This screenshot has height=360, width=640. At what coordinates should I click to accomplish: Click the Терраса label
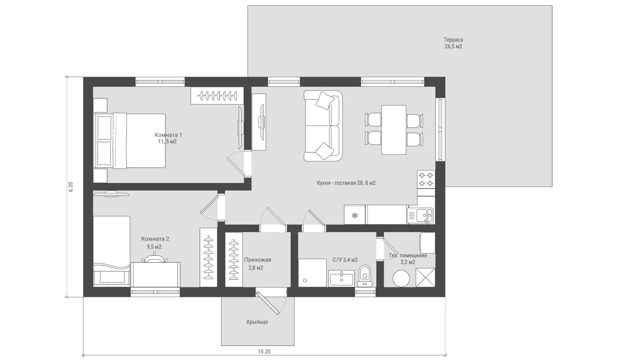(453, 40)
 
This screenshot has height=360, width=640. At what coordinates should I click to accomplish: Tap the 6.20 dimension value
(70, 187)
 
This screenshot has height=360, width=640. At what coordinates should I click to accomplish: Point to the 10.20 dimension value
(264, 351)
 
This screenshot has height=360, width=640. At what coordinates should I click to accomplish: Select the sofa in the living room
(323, 126)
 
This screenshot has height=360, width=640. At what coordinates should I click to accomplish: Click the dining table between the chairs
(394, 130)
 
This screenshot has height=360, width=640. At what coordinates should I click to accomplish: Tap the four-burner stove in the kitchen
(426, 179)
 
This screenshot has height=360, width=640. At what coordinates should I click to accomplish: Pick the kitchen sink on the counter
(421, 215)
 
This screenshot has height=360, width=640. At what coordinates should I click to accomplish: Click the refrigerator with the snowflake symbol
(355, 215)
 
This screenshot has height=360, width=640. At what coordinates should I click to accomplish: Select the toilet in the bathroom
(365, 276)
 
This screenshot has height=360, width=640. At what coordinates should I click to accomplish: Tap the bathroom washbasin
(342, 278)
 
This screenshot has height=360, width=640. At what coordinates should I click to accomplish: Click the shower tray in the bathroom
(312, 273)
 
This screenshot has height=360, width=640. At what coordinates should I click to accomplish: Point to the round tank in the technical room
(401, 278)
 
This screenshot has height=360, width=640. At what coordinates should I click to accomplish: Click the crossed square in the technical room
(425, 277)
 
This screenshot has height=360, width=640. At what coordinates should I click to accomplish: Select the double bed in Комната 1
(129, 140)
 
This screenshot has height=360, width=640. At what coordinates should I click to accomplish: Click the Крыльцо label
(257, 322)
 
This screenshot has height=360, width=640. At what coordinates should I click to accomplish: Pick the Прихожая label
(258, 260)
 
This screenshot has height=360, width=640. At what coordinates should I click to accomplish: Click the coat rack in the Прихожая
(234, 260)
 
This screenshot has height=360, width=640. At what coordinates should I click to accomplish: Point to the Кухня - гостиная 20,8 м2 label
(346, 183)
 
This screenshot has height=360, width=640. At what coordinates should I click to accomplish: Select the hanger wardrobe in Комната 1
(217, 96)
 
